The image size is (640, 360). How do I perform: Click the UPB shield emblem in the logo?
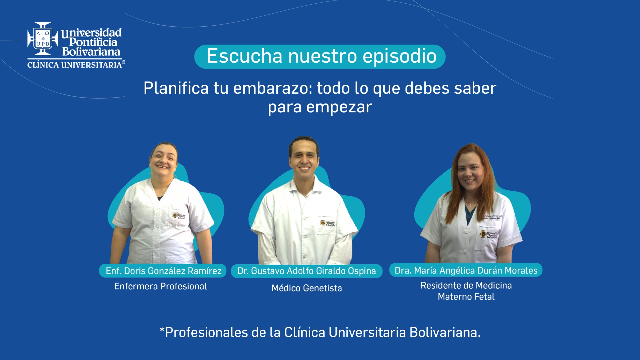(43, 39)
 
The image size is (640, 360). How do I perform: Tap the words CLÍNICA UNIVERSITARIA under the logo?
(75, 65)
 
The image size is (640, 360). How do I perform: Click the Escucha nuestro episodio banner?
(320, 56)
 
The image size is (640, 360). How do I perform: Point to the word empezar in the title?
(339, 107)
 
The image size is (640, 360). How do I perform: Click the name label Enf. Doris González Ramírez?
(163, 271)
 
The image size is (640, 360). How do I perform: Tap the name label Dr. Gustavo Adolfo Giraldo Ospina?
(307, 271)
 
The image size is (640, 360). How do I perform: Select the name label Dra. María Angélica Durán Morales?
(466, 270)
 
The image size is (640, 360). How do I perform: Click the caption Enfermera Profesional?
(160, 286)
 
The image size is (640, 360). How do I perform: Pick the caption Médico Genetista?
(307, 288)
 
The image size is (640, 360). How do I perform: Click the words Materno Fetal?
(466, 297)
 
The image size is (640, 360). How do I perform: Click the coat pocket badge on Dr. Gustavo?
(328, 223)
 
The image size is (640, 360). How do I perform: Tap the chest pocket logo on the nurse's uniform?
(179, 216)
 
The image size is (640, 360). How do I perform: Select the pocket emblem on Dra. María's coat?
(489, 235)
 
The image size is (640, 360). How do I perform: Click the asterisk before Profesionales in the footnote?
(162, 330)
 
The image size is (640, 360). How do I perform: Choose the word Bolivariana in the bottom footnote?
(445, 332)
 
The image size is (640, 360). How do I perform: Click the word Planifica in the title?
(176, 88)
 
